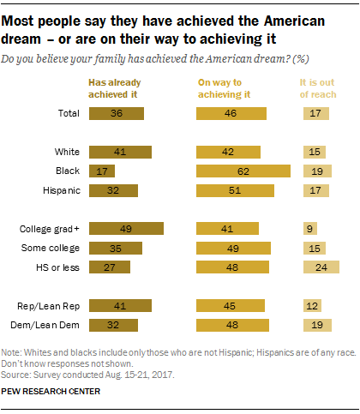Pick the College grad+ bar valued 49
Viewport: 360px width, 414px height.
126,229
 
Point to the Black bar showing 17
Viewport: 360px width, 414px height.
101,171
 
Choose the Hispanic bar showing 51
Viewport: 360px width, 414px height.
235,189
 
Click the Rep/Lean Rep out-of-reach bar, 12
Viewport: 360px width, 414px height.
313,306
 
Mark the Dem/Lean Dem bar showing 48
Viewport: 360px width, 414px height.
232,325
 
